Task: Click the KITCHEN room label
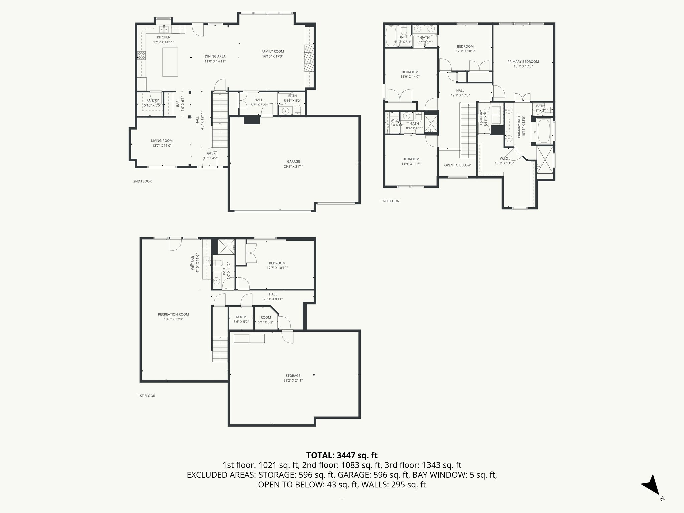[164, 37]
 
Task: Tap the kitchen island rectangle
[170, 62]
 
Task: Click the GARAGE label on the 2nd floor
[293, 162]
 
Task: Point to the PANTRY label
[153, 100]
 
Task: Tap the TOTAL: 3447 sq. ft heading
[342, 455]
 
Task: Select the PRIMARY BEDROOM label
[523, 62]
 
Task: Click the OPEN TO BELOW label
[457, 165]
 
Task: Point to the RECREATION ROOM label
[173, 314]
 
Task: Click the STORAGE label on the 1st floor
[293, 376]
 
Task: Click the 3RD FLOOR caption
[390, 201]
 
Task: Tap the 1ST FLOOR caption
[146, 396]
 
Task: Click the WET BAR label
[193, 263]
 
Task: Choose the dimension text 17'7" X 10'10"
[277, 268]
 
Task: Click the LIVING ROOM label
[162, 141]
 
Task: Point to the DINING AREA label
[215, 56]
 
